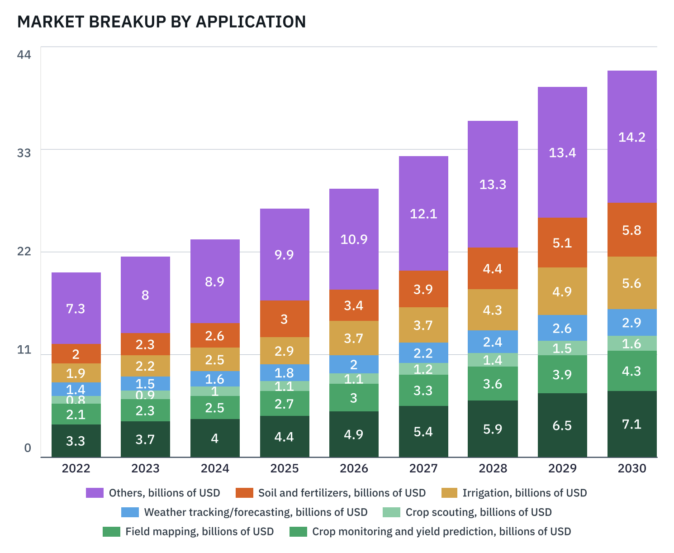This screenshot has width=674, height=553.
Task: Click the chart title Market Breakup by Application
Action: pos(161,22)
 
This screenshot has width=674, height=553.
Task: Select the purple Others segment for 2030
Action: pos(631,137)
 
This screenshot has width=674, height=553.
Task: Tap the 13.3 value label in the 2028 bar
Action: pos(493,185)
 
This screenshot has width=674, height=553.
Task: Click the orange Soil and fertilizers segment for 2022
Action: pos(76,353)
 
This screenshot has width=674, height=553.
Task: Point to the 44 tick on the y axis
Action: pos(24,55)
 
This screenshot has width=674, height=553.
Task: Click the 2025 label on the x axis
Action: pos(284,468)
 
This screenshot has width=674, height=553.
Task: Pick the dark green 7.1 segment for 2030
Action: pos(631,424)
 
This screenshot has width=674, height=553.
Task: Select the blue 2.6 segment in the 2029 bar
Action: pos(562,328)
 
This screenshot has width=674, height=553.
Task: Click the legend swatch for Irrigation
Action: pos(449,493)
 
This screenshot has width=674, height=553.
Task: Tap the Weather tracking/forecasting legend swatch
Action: pos(130,512)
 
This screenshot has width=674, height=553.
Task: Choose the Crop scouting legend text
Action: pos(479,512)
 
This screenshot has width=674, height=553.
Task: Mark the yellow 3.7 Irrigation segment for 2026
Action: pos(354,338)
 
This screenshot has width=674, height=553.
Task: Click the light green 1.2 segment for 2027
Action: pos(423,369)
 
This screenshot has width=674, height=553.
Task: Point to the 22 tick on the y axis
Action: pos(24,251)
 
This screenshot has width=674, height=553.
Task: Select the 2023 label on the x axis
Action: pos(145,468)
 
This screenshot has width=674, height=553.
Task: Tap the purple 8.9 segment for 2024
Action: pos(215,281)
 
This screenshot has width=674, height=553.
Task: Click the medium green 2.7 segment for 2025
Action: pos(284,404)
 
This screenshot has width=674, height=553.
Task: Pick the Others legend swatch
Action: pos(95,493)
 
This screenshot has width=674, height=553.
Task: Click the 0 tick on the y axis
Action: pos(28,448)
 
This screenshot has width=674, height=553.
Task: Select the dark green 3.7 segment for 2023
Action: pos(145,439)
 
